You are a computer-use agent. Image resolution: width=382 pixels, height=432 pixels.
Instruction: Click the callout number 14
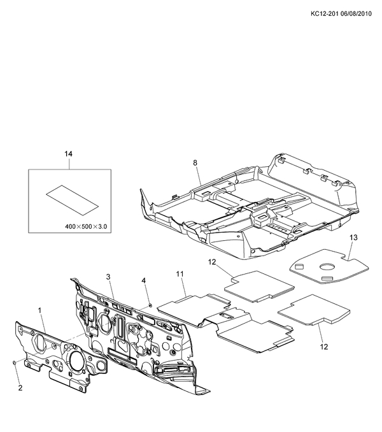69,154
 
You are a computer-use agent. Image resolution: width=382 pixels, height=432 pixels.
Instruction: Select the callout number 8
195,163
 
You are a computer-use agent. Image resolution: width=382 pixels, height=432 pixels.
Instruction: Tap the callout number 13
353,237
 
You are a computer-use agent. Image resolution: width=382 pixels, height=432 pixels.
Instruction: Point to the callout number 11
180,274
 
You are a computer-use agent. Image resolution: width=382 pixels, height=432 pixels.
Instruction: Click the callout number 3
108,277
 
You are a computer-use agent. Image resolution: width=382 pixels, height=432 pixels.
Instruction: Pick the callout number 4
144,280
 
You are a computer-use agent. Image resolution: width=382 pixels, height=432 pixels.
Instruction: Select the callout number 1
39,310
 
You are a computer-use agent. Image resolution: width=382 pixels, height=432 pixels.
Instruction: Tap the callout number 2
20,387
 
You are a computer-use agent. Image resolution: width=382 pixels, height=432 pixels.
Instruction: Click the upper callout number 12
212,262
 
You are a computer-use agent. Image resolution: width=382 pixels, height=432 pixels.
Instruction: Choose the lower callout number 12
324,347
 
